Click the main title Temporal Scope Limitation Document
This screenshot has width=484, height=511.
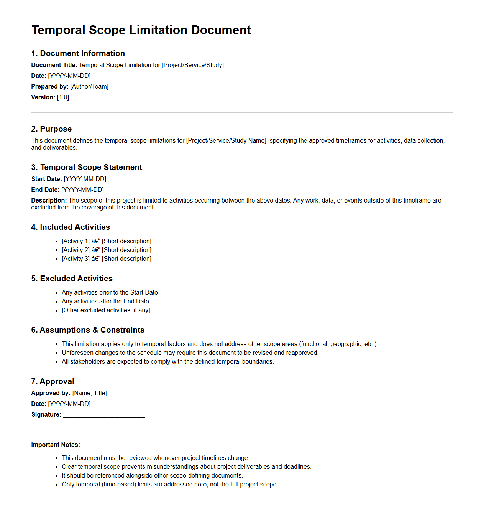click(x=141, y=30)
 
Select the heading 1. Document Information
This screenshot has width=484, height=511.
click(x=78, y=53)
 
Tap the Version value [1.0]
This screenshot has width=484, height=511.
click(x=63, y=97)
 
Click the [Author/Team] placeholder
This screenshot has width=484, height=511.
click(x=89, y=87)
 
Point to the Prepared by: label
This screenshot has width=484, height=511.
click(x=50, y=87)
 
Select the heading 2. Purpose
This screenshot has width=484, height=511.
click(x=51, y=129)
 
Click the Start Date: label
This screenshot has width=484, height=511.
click(x=46, y=179)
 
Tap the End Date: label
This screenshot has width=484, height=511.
click(x=45, y=190)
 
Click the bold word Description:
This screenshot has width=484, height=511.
click(x=49, y=201)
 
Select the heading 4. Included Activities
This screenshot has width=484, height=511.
click(x=71, y=227)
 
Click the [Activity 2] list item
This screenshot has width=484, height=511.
click(x=107, y=250)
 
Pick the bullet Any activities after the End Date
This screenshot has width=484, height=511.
click(x=105, y=302)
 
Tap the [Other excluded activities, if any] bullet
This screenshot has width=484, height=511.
click(x=106, y=310)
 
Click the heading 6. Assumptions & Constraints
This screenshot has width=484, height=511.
click(x=88, y=330)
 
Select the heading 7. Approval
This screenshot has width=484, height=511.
click(x=53, y=381)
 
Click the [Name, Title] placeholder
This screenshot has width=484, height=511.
click(x=89, y=393)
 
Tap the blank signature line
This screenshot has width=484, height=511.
click(x=104, y=415)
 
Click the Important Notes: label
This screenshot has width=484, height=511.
click(x=56, y=445)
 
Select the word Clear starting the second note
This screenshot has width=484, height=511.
click(x=69, y=467)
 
